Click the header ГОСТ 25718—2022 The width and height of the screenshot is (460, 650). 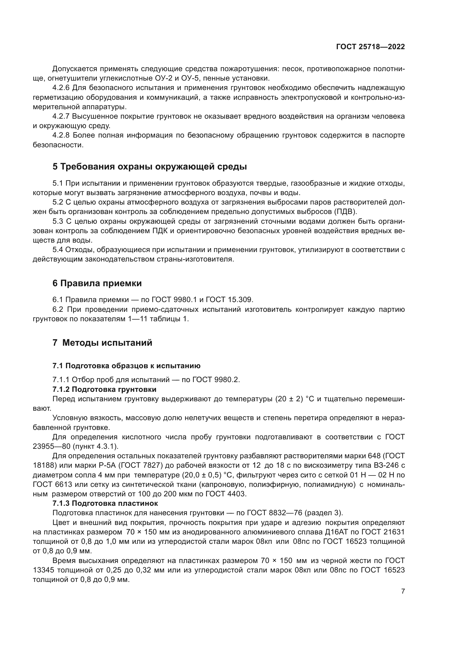coord(370,47)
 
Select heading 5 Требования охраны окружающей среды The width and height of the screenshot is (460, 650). coord(150,167)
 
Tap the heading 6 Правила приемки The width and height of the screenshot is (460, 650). coord(97,283)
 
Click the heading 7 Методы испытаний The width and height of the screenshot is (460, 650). coord(102,343)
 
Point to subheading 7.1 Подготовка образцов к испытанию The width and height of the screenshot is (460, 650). coord(126,366)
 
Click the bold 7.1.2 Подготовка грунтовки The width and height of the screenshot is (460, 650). coord(104,389)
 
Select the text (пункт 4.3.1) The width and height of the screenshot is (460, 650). coord(95,447)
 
